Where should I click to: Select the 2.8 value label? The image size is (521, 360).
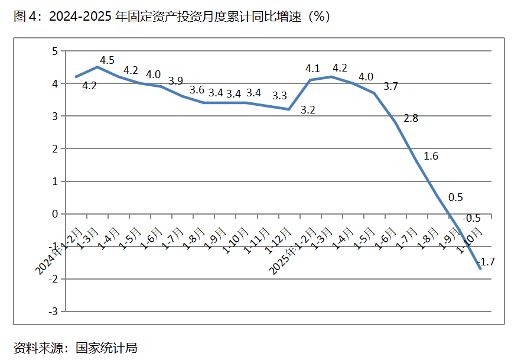pos(411,118)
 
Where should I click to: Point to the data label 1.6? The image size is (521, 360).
pos(431,156)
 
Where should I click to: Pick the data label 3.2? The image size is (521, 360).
pos(308,109)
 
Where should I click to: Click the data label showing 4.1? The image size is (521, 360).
pos(312,68)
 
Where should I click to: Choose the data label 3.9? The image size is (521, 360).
pos(175,81)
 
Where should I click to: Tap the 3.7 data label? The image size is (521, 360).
pos(390,86)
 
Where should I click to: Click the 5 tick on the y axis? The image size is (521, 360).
pos(55,51)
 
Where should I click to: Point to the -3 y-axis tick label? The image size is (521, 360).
pos(53,311)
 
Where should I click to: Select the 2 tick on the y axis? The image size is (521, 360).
pos(55,149)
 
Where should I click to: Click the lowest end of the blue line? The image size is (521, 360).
pos(480,269)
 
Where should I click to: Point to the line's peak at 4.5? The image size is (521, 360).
pos(98,67)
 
